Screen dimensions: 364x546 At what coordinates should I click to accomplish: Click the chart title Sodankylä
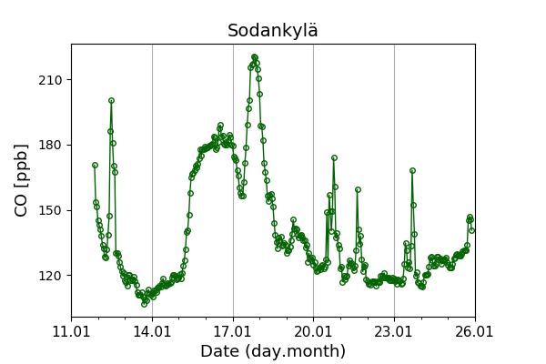point(273,31)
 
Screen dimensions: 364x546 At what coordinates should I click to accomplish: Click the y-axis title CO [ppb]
point(22,180)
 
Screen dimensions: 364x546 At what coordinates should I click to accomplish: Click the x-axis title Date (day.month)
point(273,351)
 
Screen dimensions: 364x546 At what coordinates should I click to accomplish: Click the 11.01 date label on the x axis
point(71,331)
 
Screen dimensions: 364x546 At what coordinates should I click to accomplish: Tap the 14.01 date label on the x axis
point(152,331)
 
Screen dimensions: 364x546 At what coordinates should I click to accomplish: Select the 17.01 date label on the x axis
point(233,331)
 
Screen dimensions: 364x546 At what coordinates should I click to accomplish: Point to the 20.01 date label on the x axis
point(313,331)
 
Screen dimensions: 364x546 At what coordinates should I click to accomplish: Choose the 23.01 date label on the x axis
point(394,331)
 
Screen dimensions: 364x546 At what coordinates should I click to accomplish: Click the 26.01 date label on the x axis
point(474,331)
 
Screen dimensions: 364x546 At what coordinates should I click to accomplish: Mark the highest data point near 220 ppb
point(255,56)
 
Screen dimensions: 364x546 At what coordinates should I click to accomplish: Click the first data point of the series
point(95,165)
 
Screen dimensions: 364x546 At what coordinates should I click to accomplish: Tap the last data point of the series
point(471,230)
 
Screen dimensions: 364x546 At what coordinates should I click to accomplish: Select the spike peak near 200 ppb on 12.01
point(111,100)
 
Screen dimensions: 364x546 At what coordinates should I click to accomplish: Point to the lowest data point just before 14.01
point(144,303)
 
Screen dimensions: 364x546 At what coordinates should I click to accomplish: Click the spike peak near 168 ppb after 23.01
point(412,170)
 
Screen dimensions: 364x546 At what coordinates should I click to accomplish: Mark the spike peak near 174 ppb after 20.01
point(334,157)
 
